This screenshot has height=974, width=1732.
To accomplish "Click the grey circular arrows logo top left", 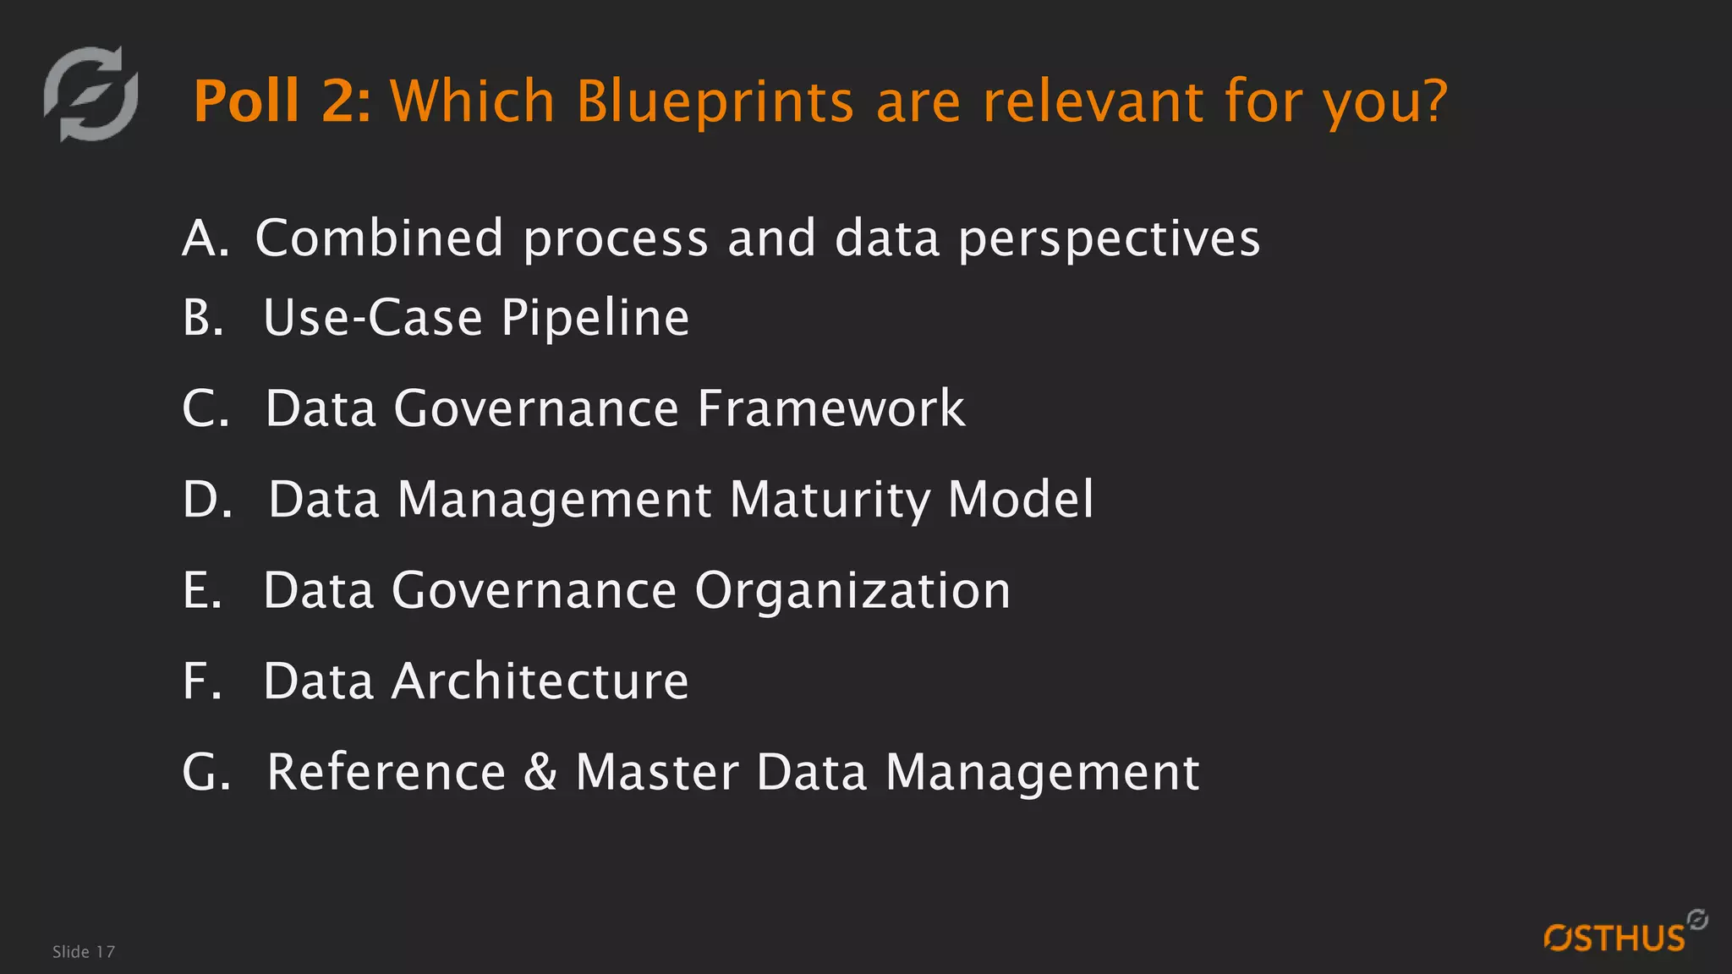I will (x=91, y=94).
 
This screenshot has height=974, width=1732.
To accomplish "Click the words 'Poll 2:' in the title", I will (x=282, y=101).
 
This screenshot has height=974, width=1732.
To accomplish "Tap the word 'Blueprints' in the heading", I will (x=715, y=101).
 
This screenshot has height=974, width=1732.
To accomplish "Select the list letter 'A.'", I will (x=206, y=238).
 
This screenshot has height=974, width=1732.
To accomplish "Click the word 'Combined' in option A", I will (x=379, y=238).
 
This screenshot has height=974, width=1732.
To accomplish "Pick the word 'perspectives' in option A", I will (x=1109, y=239).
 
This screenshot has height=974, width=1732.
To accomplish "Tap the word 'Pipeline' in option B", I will (x=595, y=318).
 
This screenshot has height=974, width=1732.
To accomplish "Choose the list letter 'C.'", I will (x=206, y=408).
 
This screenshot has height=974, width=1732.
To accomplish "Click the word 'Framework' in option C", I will (x=830, y=408).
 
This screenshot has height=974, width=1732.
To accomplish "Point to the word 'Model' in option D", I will (x=1021, y=499).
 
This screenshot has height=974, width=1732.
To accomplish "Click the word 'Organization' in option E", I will (x=852, y=590).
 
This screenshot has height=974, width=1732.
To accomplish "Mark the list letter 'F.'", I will (x=202, y=681).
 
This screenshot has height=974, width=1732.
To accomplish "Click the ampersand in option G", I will (x=540, y=772).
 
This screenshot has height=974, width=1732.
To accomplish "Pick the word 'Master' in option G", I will (x=657, y=772).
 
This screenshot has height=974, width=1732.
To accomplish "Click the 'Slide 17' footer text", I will (x=83, y=952).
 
